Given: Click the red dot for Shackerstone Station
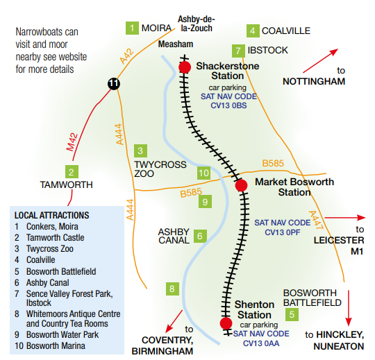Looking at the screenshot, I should click(185, 67).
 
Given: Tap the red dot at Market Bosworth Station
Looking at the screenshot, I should click(241, 185).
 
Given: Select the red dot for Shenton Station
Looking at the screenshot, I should click(225, 323).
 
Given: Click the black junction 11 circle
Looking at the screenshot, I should click(114, 84).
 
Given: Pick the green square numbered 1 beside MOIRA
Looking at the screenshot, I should click(132, 28).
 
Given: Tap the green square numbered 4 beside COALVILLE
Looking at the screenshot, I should click(253, 31).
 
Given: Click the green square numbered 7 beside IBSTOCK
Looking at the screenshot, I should click(239, 51).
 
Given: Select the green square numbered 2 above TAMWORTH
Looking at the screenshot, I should click(71, 171).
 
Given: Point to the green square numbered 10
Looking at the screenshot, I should click(203, 173).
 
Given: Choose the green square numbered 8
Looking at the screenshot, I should click(173, 289).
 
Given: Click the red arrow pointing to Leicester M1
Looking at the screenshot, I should click(343, 217).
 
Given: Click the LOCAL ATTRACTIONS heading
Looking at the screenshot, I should click(51, 215).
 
